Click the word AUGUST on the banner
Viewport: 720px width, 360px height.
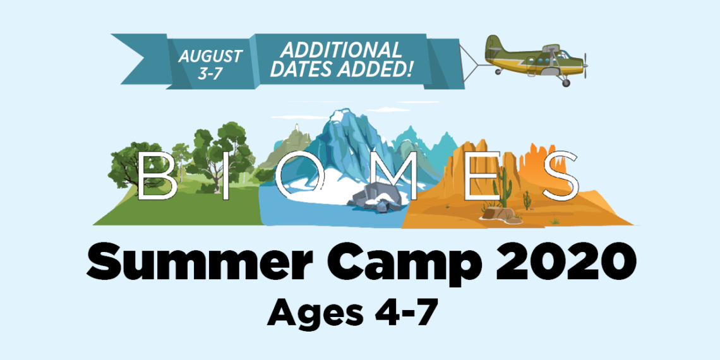pos(210,57)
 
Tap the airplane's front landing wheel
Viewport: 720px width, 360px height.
pos(566,83)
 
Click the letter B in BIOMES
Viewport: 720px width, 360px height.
pos(156,176)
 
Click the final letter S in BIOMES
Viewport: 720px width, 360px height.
pos(558,176)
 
